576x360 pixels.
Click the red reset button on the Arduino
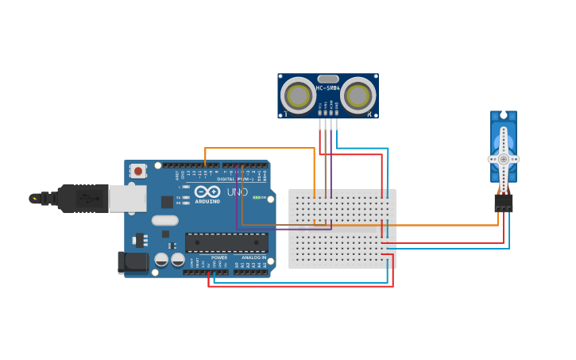[138, 170]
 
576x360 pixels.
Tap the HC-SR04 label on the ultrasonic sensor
[327, 88]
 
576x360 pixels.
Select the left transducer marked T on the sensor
[298, 96]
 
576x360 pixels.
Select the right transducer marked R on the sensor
[358, 96]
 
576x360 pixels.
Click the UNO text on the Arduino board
[238, 192]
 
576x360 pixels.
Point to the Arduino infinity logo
[207, 192]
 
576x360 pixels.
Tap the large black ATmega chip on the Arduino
[226, 242]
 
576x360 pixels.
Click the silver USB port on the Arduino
[127, 199]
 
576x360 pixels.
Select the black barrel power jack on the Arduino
[132, 262]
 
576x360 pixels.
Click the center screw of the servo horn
[503, 159]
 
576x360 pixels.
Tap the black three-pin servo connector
[503, 203]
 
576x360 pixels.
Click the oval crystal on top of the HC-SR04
[327, 79]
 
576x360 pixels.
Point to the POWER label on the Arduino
[219, 257]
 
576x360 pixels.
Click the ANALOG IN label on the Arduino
[253, 257]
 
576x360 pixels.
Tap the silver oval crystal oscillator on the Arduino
[164, 220]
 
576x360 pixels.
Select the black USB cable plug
[79, 199]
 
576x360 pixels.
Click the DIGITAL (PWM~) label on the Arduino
[231, 179]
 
